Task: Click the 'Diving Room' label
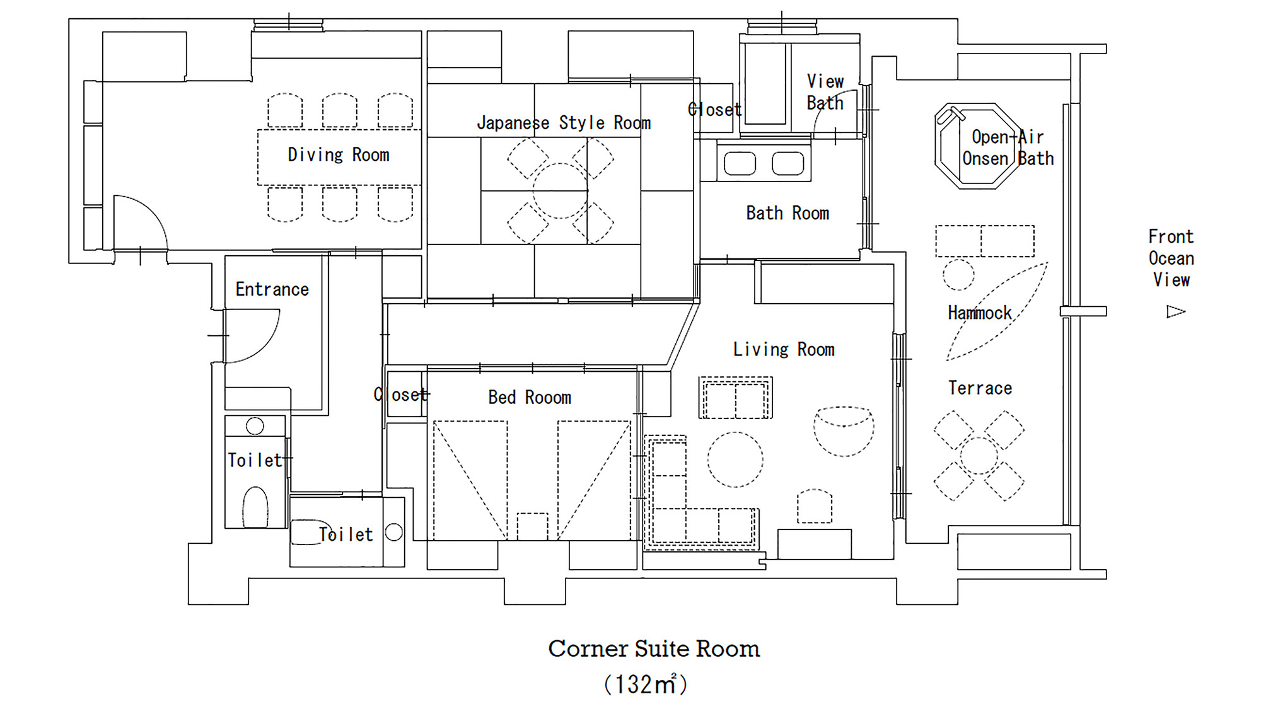pyautogui.click(x=339, y=155)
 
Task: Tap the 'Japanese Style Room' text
pyautogui.click(x=564, y=123)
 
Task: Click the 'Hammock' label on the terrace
pyautogui.click(x=979, y=313)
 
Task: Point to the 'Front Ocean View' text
pyautogui.click(x=1171, y=258)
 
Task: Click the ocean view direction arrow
pyautogui.click(x=1176, y=311)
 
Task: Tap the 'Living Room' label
pyautogui.click(x=784, y=350)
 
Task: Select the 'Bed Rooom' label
pyautogui.click(x=530, y=398)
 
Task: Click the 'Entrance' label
pyautogui.click(x=272, y=290)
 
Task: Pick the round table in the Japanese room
pyautogui.click(x=560, y=191)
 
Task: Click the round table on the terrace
pyautogui.click(x=979, y=456)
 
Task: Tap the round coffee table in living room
pyautogui.click(x=735, y=459)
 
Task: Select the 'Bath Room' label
pyautogui.click(x=787, y=214)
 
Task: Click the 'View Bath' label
pyautogui.click(x=825, y=92)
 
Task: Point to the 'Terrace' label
pyautogui.click(x=980, y=388)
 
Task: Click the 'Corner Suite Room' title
pyautogui.click(x=654, y=649)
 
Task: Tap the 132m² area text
pyautogui.click(x=646, y=684)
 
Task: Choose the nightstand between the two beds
pyautogui.click(x=532, y=527)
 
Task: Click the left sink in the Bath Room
pyautogui.click(x=740, y=164)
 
